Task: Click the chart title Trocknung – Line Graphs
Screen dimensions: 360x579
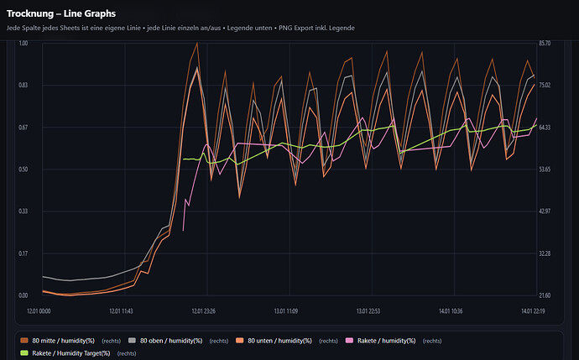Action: click(x=61, y=14)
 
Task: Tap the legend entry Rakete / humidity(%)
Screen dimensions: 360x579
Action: click(x=386, y=341)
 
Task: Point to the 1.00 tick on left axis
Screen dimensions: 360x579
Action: click(x=23, y=43)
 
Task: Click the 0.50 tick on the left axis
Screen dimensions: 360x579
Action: click(x=23, y=170)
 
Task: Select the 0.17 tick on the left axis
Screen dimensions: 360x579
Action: click(x=23, y=253)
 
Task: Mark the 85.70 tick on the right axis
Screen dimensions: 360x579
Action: click(x=549, y=43)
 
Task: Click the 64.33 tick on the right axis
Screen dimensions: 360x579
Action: click(x=549, y=128)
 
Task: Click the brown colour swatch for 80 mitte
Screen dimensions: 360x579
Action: click(x=24, y=341)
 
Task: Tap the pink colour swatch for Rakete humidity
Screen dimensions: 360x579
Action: click(x=350, y=341)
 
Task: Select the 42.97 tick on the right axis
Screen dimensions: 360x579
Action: click(x=549, y=211)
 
